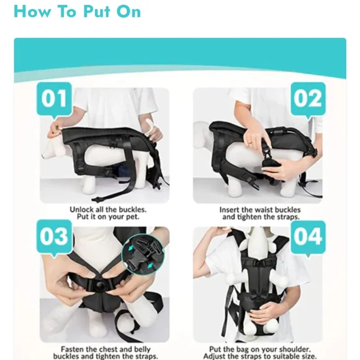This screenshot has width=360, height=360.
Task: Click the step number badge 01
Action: [55, 100]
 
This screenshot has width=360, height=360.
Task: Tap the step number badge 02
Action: [307, 99]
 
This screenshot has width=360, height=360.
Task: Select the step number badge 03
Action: [54, 238]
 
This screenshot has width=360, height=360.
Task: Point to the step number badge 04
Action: [307, 237]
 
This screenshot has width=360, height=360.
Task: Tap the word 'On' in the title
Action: [128, 11]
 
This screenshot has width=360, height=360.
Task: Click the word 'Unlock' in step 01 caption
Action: [83, 210]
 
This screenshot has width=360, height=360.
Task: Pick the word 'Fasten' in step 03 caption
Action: [73, 349]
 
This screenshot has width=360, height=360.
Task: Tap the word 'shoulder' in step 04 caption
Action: [290, 349]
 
